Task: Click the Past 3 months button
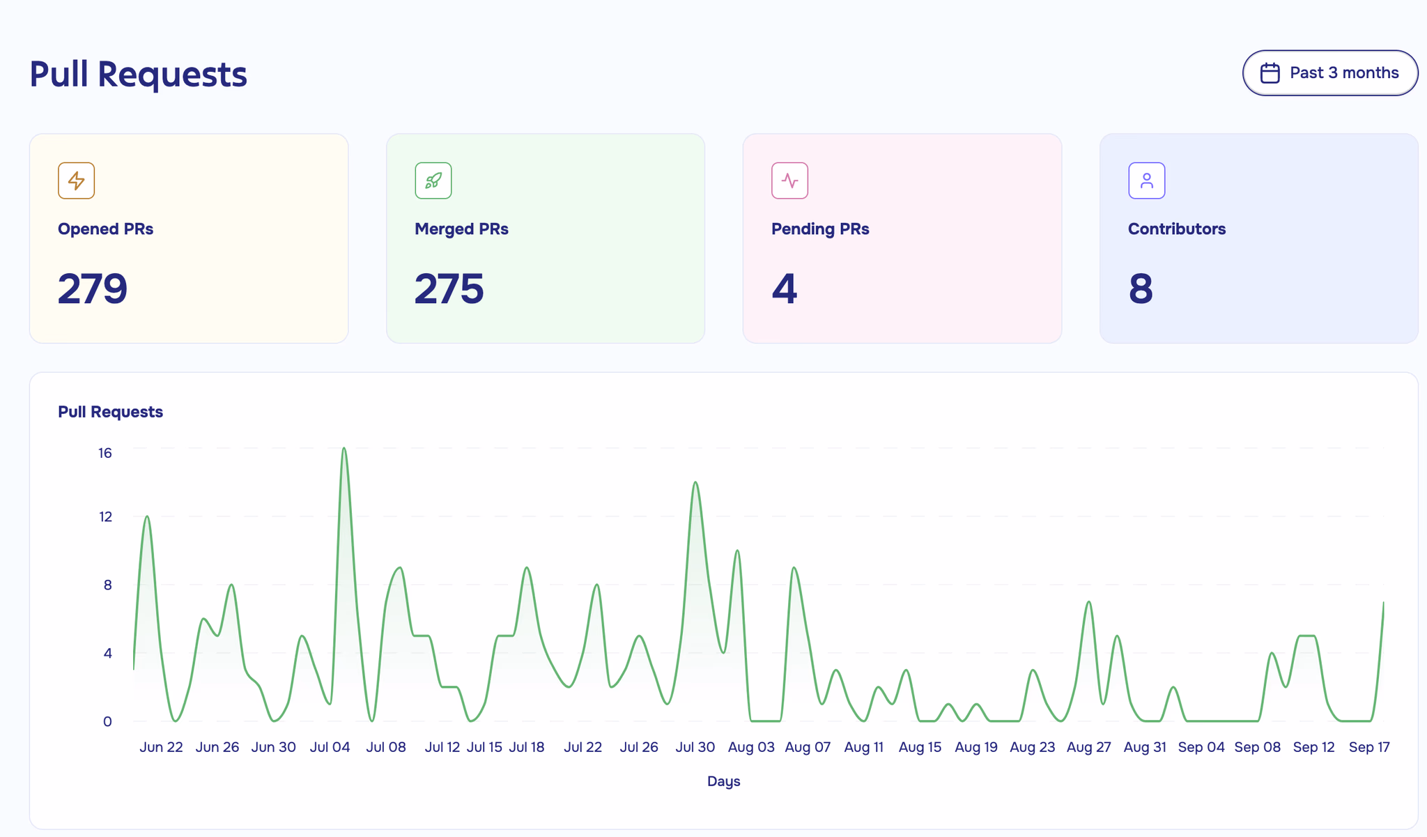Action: click(1329, 72)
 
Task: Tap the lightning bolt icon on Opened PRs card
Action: click(76, 181)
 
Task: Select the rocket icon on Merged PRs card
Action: click(433, 181)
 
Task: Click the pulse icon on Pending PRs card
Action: click(789, 181)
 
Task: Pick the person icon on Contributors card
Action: click(1146, 181)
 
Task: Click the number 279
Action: click(93, 289)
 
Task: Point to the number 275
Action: click(449, 289)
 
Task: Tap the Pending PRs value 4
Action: click(784, 289)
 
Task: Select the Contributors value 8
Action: click(1141, 289)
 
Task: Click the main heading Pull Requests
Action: click(138, 74)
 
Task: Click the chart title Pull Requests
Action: click(110, 412)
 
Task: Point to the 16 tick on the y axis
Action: click(105, 453)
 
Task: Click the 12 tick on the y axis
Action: click(105, 517)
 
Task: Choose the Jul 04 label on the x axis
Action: click(330, 747)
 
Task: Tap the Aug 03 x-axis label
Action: click(751, 747)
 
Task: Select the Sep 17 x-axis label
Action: click(1369, 747)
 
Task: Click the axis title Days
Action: click(723, 781)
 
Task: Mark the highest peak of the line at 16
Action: click(344, 448)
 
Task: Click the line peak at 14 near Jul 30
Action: click(695, 482)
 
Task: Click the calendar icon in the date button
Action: click(1270, 73)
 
